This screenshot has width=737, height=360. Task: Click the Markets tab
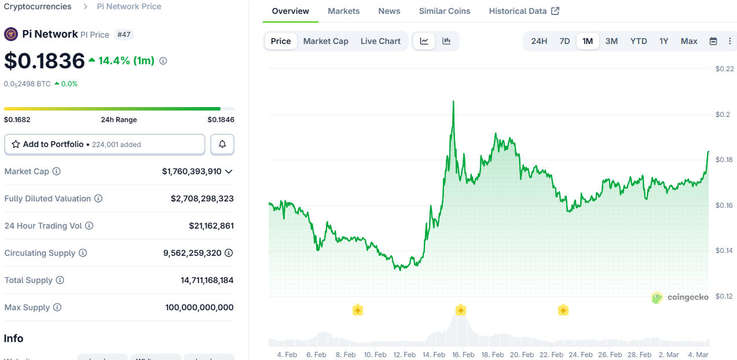click(343, 11)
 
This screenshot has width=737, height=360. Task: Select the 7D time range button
click(564, 41)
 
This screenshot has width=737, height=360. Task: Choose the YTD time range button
click(639, 41)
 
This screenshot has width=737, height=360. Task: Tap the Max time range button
click(689, 41)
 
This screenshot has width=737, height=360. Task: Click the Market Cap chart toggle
click(325, 41)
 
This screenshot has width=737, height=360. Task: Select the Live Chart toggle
click(380, 41)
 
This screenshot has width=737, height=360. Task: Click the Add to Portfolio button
click(105, 144)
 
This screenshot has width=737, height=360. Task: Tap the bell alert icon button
click(222, 144)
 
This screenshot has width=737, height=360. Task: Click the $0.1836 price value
click(44, 61)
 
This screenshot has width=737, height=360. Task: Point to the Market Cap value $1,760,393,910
click(192, 171)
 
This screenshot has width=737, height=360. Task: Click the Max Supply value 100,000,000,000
click(200, 307)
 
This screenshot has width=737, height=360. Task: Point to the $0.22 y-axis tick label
click(724, 69)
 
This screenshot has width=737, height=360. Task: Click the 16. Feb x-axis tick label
click(463, 354)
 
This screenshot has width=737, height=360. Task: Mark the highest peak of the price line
click(453, 101)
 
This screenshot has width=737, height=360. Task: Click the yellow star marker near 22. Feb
click(563, 310)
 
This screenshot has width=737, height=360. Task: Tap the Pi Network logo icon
click(11, 34)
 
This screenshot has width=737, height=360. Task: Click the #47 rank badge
click(124, 35)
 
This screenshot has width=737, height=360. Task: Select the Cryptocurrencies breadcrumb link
click(38, 6)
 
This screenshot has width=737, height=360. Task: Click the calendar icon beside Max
click(713, 41)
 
